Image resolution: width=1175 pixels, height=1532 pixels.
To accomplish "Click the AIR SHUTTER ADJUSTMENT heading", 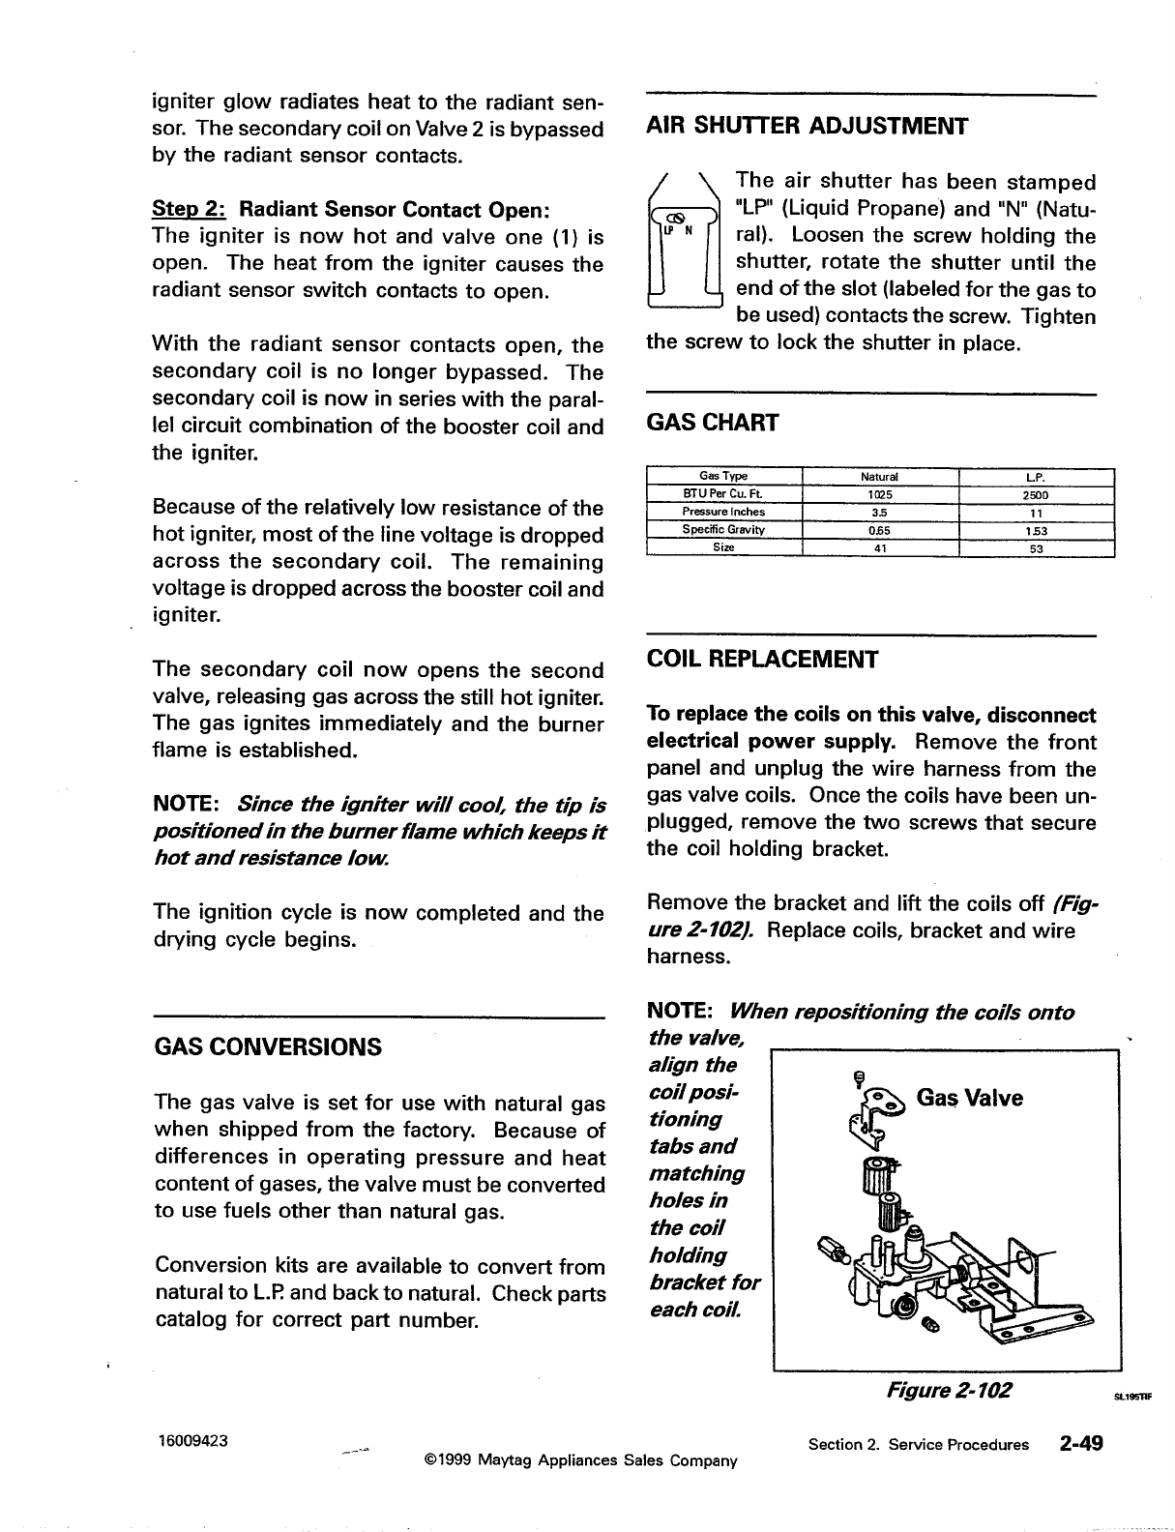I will click(807, 127).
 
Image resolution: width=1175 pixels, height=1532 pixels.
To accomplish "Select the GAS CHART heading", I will click(712, 423).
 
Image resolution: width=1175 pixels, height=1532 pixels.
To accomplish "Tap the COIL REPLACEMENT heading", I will click(762, 660).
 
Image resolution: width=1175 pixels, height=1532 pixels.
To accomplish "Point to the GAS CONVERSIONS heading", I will click(268, 1047).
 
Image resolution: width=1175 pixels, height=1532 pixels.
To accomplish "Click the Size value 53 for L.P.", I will click(1037, 547).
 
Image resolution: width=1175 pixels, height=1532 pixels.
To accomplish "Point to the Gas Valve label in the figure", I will click(969, 1098).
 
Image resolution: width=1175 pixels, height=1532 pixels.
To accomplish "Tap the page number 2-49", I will click(1080, 1443).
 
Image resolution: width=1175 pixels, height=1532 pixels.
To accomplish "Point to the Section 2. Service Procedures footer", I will click(918, 1445).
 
